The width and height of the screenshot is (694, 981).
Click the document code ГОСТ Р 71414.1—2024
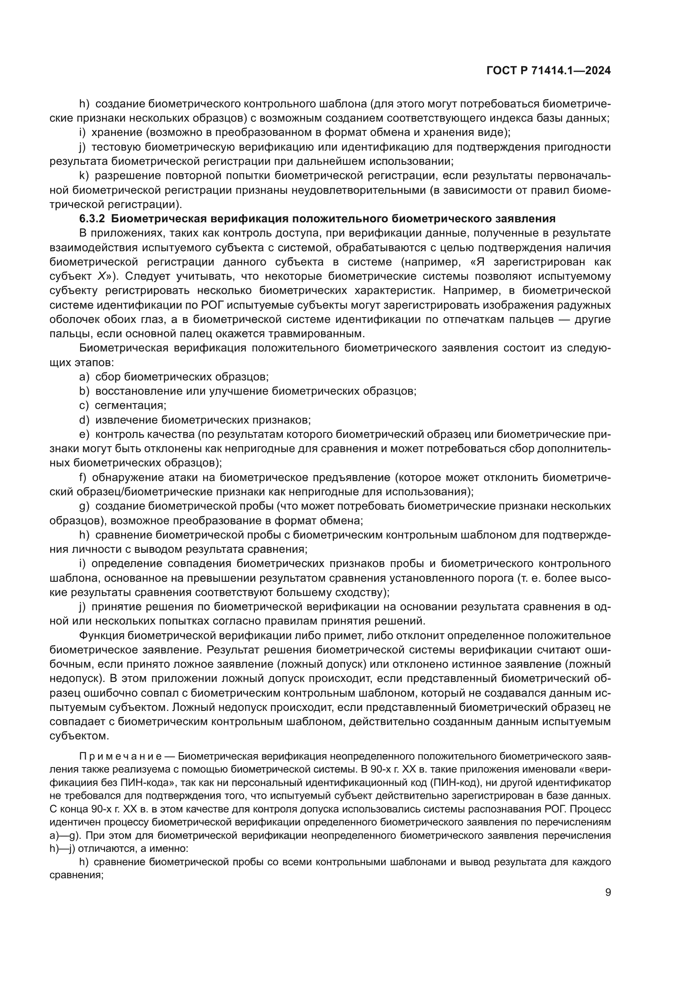[x=548, y=71]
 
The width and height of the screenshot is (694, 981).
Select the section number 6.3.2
[x=92, y=219]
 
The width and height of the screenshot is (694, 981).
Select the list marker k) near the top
[x=84, y=176]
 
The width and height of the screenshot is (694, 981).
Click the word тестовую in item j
[x=116, y=147]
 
